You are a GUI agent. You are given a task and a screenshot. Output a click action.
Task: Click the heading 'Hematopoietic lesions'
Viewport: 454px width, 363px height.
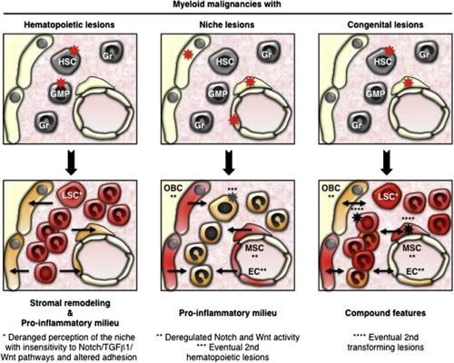69,25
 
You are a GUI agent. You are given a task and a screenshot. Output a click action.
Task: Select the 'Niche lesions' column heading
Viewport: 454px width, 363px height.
227,25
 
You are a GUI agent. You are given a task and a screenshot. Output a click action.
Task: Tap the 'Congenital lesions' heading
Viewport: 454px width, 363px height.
385,25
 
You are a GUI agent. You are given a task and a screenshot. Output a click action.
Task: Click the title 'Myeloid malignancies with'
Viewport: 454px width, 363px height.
227,5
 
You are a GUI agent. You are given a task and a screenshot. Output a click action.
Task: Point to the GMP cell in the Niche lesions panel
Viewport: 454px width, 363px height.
218,93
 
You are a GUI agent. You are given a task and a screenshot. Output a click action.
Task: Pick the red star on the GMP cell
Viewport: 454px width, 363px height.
62,83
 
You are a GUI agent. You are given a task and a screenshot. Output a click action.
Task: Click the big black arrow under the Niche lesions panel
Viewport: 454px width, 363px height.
229,162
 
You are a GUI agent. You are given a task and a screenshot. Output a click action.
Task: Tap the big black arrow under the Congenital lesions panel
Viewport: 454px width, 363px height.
387,162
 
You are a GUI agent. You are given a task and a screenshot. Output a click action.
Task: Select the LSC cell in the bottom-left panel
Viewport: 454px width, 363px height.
70,195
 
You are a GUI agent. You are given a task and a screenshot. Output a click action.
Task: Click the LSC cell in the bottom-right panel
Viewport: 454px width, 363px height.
387,197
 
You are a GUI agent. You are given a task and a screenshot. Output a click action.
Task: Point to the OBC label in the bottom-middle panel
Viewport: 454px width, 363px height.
173,188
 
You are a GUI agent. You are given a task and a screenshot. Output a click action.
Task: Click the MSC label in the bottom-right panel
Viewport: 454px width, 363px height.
411,248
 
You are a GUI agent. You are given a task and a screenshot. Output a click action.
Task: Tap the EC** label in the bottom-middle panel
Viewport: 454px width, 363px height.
254,271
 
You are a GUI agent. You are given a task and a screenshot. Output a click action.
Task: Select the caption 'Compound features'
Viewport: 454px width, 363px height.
385,313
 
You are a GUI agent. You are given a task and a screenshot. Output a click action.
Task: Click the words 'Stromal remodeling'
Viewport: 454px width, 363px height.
70,303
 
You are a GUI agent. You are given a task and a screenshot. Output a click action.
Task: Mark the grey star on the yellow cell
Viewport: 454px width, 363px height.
232,197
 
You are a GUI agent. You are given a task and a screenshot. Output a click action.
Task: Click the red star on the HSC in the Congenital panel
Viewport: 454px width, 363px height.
390,50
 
